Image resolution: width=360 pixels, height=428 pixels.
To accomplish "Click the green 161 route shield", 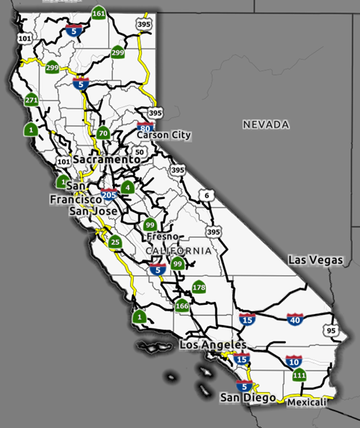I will point(99,14).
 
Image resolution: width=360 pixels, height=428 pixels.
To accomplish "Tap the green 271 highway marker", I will point(31,100).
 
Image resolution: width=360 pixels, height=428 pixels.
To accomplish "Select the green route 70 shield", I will point(103,133).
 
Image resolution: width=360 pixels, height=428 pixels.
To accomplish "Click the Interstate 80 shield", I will point(147,128).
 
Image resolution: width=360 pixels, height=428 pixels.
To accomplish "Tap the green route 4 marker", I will point(127,188).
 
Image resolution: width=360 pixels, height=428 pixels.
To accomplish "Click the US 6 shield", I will point(207,195).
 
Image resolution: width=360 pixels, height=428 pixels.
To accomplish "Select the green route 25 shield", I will point(115,242).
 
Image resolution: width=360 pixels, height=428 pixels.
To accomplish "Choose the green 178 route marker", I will point(199,287).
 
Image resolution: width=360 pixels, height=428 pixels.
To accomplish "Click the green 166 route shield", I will point(182,306).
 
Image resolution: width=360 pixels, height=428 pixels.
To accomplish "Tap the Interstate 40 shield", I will point(294,318).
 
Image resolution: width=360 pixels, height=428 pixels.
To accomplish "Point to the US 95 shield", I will point(330,331).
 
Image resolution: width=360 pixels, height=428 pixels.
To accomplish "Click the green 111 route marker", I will point(300,375).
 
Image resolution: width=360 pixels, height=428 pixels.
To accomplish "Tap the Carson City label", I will point(165,135).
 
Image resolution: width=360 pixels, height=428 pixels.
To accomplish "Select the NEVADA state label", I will point(266,125).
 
